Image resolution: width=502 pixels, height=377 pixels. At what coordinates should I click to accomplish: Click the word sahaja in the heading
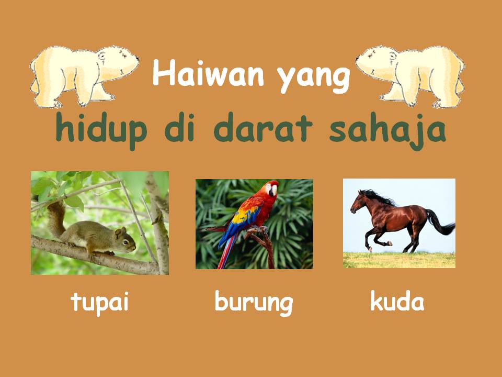[387, 130]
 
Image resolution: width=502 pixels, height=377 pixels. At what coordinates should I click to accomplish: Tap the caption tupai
[99, 302]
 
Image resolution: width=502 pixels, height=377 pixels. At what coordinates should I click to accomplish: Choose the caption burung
[254, 303]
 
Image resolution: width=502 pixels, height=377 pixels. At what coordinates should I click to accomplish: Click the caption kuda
[397, 302]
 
